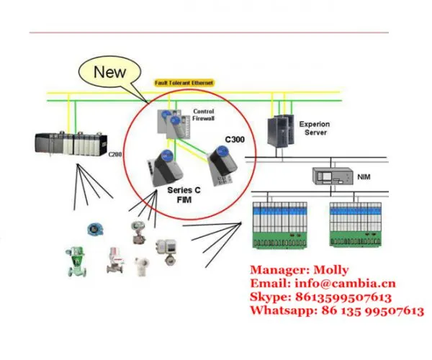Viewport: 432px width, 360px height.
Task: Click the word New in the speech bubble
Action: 109,72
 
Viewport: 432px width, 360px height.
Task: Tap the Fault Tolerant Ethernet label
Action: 184,83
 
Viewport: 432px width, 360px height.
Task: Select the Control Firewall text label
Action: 203,115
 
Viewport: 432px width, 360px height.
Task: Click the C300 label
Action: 235,140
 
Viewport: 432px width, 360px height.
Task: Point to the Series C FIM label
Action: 184,195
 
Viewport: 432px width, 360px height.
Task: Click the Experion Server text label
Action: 315,128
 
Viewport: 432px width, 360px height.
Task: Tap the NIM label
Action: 364,177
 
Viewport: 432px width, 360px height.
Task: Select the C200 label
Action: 114,154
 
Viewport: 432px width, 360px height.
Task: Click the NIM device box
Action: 333,176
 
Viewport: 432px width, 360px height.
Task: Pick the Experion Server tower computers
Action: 281,131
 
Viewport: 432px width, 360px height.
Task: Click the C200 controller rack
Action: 71,144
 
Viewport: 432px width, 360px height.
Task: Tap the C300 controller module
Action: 222,165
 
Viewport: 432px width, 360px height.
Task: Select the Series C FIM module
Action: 164,168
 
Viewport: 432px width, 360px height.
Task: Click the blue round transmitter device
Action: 95,230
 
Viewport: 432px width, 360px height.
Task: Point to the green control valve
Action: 76,261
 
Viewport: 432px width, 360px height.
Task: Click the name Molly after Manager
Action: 331,270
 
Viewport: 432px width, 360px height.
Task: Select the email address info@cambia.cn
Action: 345,284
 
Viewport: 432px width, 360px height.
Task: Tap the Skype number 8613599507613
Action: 343,297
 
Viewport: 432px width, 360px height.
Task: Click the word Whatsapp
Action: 283,311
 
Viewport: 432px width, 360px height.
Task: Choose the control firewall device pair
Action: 174,124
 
